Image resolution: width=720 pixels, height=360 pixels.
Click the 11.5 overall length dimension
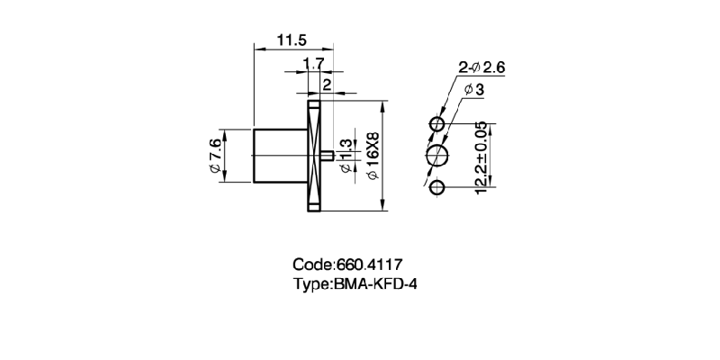292,40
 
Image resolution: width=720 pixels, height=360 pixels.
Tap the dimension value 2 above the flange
326,84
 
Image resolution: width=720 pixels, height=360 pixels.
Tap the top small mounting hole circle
438,123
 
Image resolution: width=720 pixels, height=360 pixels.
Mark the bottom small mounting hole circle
438,188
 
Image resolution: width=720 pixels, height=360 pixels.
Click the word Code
312,265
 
